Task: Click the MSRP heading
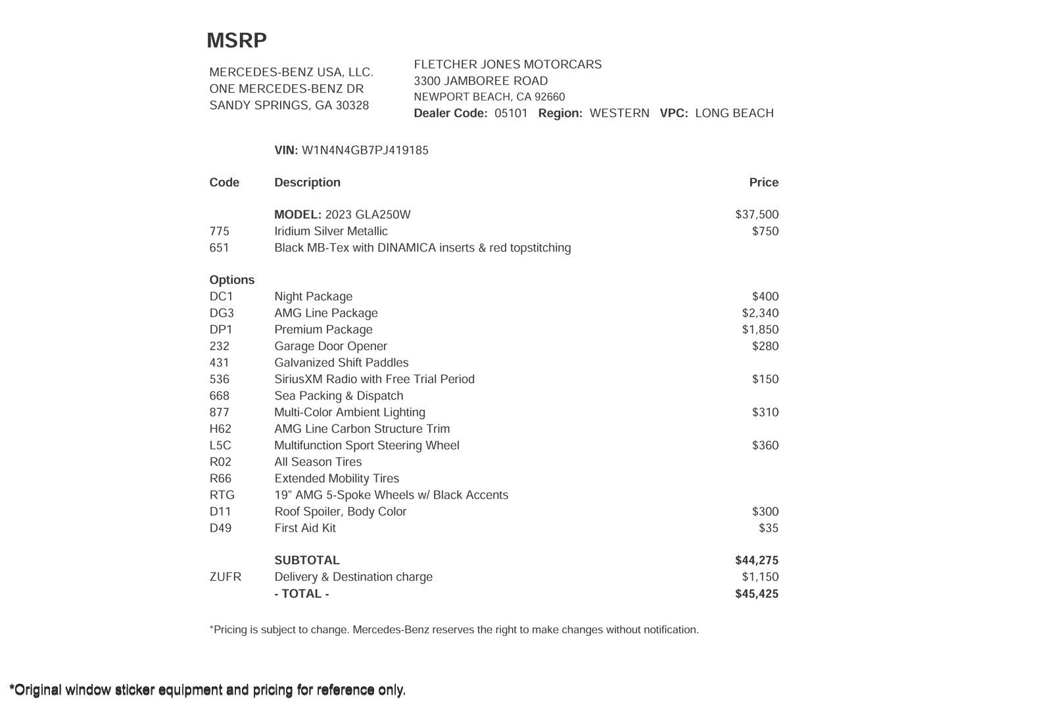click(x=237, y=41)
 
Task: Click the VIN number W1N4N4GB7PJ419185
click(x=365, y=150)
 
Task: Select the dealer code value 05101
click(x=511, y=113)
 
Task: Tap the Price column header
click(x=763, y=183)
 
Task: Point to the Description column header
click(x=307, y=183)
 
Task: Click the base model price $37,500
click(x=757, y=215)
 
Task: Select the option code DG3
click(x=222, y=313)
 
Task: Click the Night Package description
click(x=313, y=297)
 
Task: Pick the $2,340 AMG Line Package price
click(x=760, y=313)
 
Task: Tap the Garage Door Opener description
click(x=331, y=346)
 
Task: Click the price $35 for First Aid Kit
click(x=768, y=528)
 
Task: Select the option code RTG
click(x=222, y=495)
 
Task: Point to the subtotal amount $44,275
click(x=757, y=560)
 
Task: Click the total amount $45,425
click(x=757, y=594)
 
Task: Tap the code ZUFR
click(x=225, y=577)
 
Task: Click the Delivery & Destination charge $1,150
click(x=760, y=577)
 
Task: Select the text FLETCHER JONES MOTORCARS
click(x=508, y=64)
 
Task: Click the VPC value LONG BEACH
click(x=734, y=113)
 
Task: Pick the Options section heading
click(x=231, y=280)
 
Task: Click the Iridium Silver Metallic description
click(x=331, y=231)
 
